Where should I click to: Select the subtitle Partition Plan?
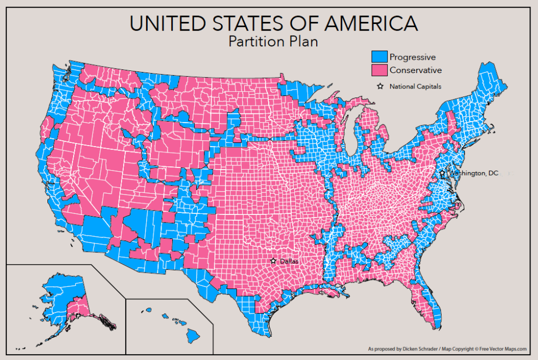click(273, 42)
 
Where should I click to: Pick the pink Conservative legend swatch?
click(379, 70)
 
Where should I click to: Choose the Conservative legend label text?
click(415, 70)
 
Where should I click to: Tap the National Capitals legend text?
click(415, 86)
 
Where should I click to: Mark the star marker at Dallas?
click(274, 261)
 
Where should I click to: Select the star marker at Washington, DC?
click(442, 174)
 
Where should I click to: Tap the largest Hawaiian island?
click(192, 335)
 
